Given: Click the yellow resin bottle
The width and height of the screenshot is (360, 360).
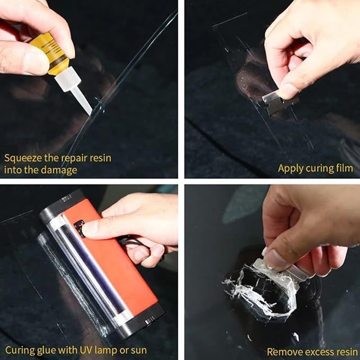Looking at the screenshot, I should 54,54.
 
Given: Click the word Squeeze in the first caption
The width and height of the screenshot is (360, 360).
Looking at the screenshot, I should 22,158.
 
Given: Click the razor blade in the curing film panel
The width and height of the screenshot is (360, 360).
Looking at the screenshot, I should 274,98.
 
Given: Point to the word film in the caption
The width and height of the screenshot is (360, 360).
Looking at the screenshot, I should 343,168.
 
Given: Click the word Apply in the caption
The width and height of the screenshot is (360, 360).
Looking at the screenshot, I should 291,168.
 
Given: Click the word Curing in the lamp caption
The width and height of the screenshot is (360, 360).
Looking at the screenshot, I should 19,350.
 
